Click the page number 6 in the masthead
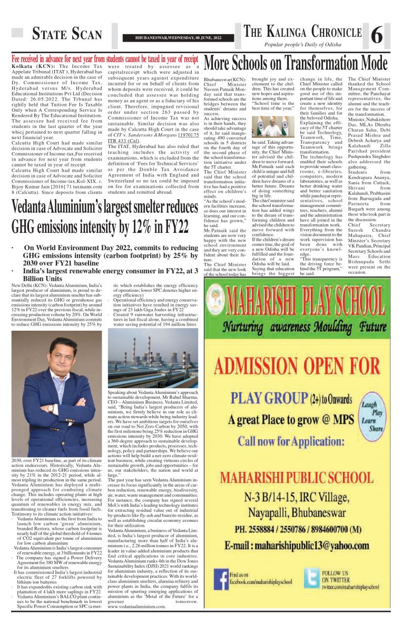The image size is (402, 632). [377, 36]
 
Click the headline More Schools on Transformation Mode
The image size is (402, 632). [296, 64]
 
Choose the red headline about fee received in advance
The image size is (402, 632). [105, 59]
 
